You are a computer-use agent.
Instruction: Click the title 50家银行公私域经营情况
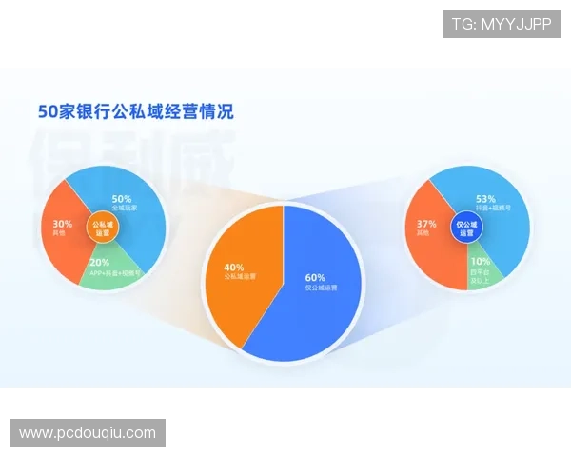click(x=134, y=110)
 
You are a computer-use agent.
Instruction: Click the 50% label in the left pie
click(x=122, y=199)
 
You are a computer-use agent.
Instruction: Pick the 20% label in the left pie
click(x=99, y=262)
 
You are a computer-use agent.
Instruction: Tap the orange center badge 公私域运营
click(x=102, y=228)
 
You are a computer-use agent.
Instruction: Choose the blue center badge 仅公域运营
click(x=466, y=228)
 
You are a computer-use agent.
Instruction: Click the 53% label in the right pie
click(x=485, y=198)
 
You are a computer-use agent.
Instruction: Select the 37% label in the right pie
click(x=425, y=225)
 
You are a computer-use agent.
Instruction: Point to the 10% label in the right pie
click(x=480, y=260)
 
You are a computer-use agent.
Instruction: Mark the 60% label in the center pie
click(x=315, y=277)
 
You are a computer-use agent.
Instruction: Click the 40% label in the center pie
click(x=233, y=268)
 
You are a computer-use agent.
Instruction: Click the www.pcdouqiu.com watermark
click(x=88, y=433)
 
